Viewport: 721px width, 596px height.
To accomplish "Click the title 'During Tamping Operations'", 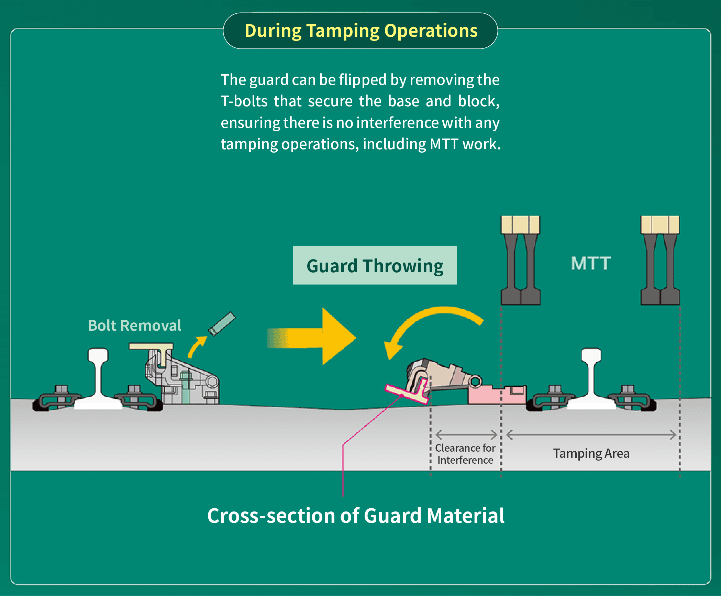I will pos(361,31).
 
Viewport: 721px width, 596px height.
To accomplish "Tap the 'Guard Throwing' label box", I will pos(375,265).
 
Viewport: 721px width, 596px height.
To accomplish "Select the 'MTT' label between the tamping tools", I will pos(591,263).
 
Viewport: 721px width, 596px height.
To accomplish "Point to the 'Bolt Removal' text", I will pos(134,325).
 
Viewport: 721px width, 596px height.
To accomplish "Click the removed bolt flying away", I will pos(222,323).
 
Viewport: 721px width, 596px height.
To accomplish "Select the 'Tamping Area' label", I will pos(591,453).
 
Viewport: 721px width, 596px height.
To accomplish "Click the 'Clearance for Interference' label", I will pos(465,454).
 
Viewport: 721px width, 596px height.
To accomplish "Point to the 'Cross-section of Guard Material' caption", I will pos(356,516).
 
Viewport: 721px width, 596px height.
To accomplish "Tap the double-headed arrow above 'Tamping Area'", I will pos(591,434).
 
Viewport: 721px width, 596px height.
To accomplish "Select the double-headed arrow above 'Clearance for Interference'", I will pos(466,434).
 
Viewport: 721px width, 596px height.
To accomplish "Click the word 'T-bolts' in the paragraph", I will pos(244,101).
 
